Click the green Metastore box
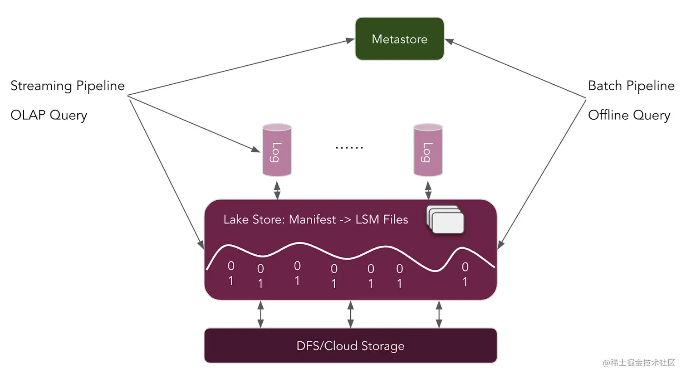pyautogui.click(x=399, y=39)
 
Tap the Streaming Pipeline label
pyautogui.click(x=68, y=86)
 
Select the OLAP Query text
pyautogui.click(x=49, y=115)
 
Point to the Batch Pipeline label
pyautogui.click(x=631, y=86)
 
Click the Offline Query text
pyautogui.click(x=629, y=115)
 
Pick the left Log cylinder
pyautogui.click(x=277, y=150)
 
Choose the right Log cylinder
pyautogui.click(x=428, y=150)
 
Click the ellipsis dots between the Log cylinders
pyautogui.click(x=349, y=148)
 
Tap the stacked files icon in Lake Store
pyautogui.click(x=446, y=220)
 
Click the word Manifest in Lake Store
pyautogui.click(x=312, y=220)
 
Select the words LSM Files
pyautogui.click(x=382, y=220)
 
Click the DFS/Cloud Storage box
pyautogui.click(x=350, y=346)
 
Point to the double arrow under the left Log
pyautogui.click(x=277, y=190)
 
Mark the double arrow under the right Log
pyautogui.click(x=428, y=190)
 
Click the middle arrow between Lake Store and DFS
pyautogui.click(x=350, y=315)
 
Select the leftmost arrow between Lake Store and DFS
pyautogui.click(x=260, y=315)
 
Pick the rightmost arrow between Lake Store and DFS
pyautogui.click(x=439, y=315)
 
